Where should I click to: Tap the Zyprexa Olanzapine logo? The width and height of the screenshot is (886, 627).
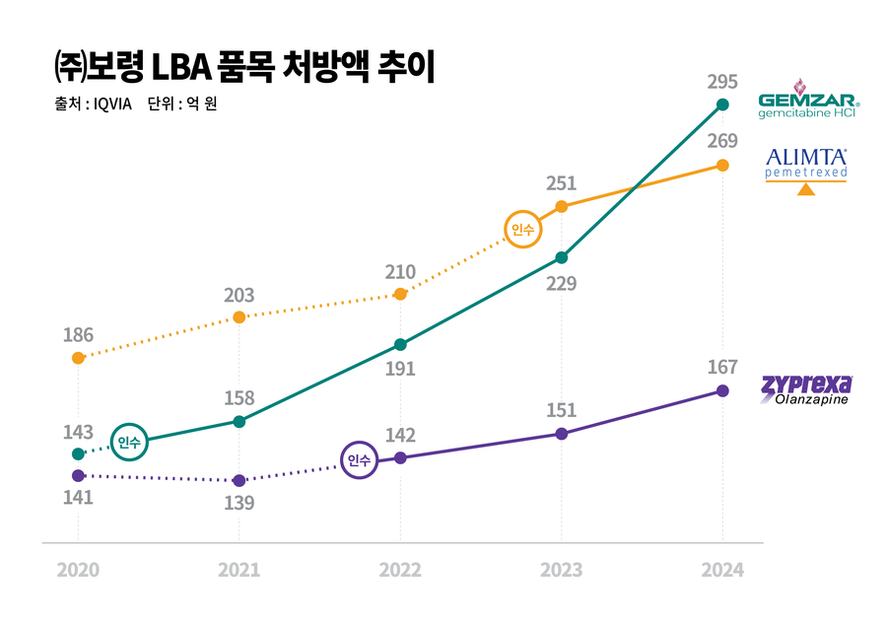click(807, 388)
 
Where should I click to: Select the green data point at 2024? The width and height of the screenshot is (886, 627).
click(722, 104)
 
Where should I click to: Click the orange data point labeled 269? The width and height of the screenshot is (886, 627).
click(722, 165)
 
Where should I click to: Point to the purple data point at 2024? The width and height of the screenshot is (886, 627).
click(722, 390)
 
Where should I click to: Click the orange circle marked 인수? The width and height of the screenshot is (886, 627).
click(522, 230)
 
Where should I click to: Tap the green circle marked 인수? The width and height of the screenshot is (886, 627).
click(130, 443)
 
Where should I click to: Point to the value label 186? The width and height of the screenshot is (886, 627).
click(78, 335)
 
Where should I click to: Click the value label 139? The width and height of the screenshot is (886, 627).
click(239, 503)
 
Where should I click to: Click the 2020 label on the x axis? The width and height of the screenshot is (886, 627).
click(78, 570)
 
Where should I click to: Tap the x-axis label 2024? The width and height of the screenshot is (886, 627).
click(722, 570)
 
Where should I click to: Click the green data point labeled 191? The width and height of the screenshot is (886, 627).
click(400, 344)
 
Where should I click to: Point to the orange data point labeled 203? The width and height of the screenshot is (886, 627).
click(239, 316)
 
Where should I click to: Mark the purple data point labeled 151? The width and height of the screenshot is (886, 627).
click(562, 433)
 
